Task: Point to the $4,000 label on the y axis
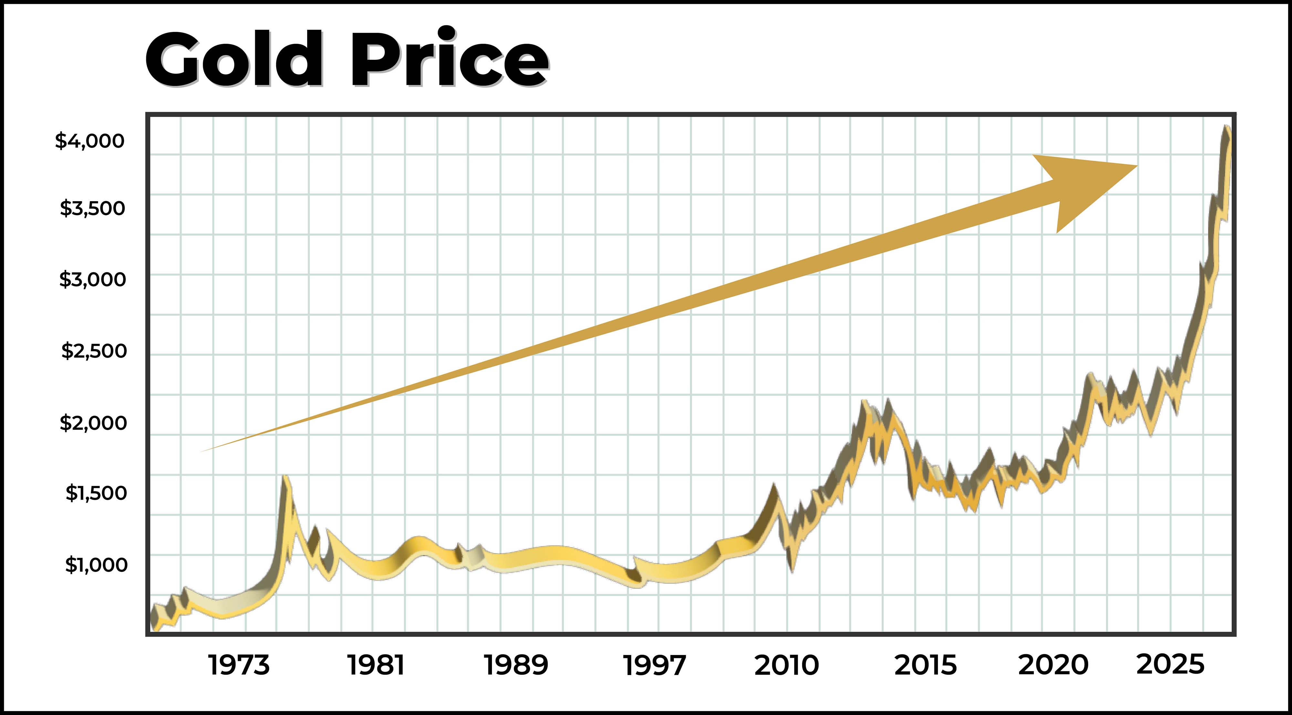[x=90, y=141]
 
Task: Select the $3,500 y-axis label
[x=92, y=208]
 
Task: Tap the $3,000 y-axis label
[x=92, y=279]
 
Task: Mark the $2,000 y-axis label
[x=93, y=423]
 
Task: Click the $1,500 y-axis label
[x=96, y=493]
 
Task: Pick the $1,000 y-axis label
[x=96, y=565]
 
